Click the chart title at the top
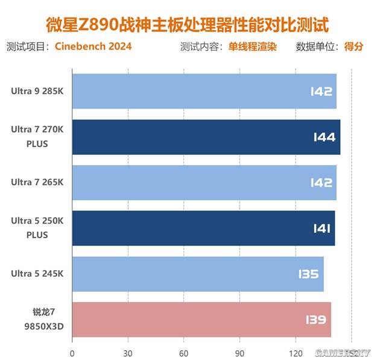pyautogui.click(x=187, y=25)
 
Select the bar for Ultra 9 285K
pyautogui.click(x=204, y=92)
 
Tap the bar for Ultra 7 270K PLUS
pyautogui.click(x=206, y=137)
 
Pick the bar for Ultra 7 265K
pyautogui.click(x=204, y=183)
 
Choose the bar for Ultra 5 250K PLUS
pyautogui.click(x=203, y=229)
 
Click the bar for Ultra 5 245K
pyautogui.click(x=198, y=274)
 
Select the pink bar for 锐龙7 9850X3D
pyautogui.click(x=201, y=320)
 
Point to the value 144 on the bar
pyautogui.click(x=324, y=137)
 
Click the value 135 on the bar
pyautogui.click(x=308, y=274)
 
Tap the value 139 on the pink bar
pyautogui.click(x=315, y=320)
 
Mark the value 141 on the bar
pyautogui.click(x=320, y=229)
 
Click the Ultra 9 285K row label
pyautogui.click(x=37, y=92)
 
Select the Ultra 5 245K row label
pyautogui.click(x=37, y=274)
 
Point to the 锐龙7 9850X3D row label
pyautogui.click(x=48, y=320)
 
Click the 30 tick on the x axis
pyautogui.click(x=128, y=353)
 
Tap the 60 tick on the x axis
pyautogui.click(x=183, y=353)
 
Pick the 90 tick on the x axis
pyautogui.click(x=239, y=353)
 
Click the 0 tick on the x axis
pyautogui.click(x=72, y=353)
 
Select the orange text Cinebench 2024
pyautogui.click(x=93, y=47)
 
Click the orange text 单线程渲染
pyautogui.click(x=252, y=47)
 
